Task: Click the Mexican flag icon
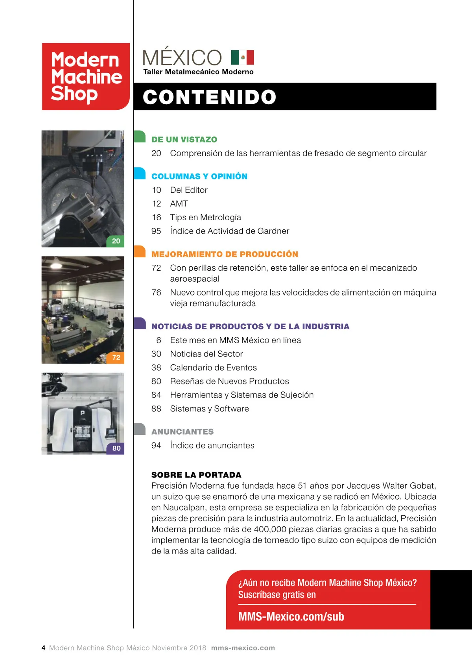(242, 57)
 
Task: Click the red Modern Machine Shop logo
(86, 76)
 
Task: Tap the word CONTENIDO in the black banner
(209, 97)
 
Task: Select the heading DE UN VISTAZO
(184, 140)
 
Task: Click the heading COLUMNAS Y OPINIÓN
(199, 176)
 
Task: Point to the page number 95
(156, 231)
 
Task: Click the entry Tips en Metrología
(205, 218)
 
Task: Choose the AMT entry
(179, 204)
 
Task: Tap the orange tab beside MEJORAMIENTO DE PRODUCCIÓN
(140, 251)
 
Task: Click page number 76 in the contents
(156, 293)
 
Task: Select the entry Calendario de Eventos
(213, 367)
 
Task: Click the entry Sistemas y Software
(209, 409)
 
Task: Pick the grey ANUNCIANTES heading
(183, 432)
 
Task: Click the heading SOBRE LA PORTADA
(196, 475)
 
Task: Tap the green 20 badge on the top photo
(116, 241)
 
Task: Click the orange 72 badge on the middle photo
(116, 358)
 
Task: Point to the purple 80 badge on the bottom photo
(116, 448)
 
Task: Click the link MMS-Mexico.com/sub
(291, 616)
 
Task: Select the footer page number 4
(43, 648)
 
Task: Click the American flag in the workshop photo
(57, 295)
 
